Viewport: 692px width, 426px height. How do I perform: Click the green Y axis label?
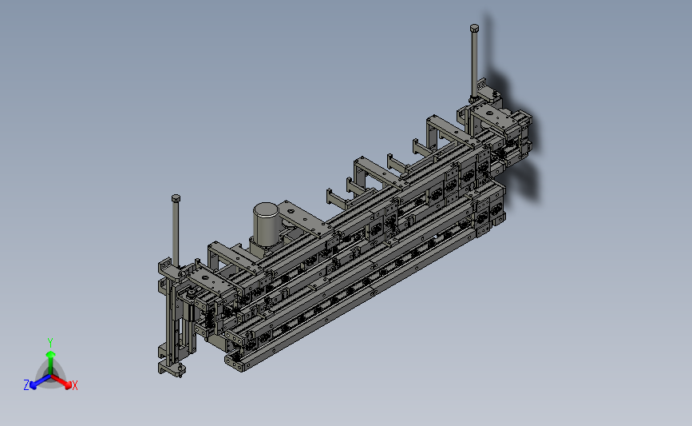click(x=49, y=343)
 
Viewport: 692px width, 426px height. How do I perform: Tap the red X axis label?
click(x=74, y=385)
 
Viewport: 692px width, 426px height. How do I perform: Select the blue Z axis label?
click(x=26, y=385)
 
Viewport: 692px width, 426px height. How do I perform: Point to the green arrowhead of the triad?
click(x=50, y=354)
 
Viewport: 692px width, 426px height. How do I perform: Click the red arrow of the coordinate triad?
click(x=61, y=381)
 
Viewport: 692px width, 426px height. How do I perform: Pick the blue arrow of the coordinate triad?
click(x=41, y=381)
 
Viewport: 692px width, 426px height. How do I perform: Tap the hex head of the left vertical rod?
click(x=176, y=198)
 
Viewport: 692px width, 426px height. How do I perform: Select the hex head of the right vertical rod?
click(x=474, y=28)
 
